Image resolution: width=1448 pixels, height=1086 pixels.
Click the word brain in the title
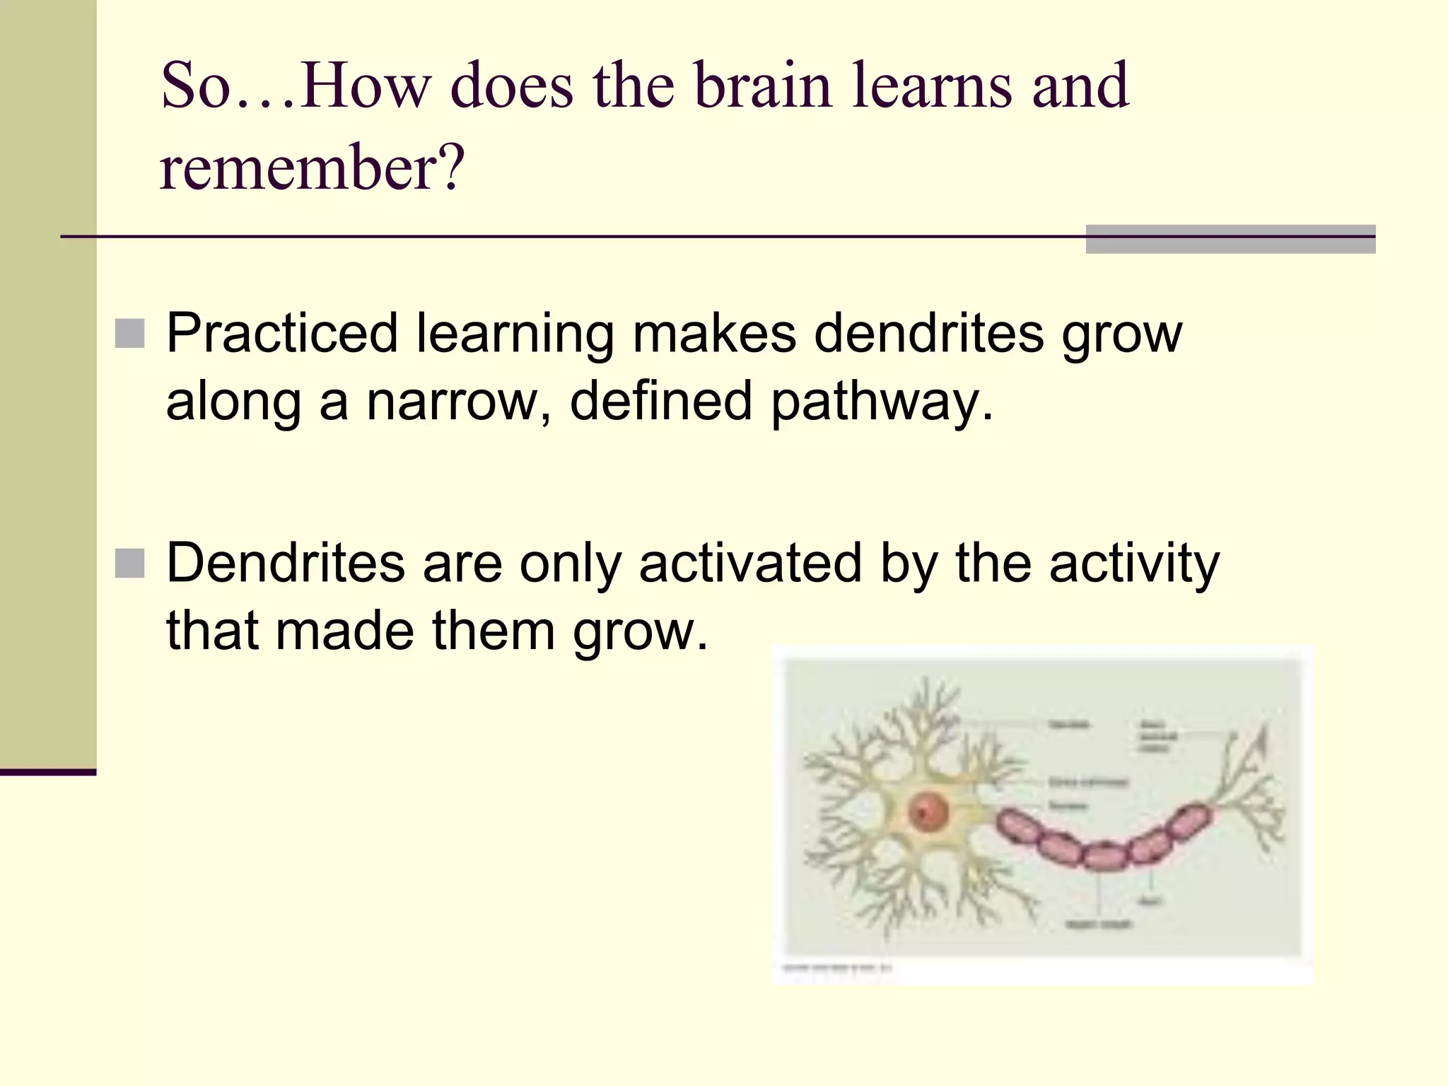tap(764, 86)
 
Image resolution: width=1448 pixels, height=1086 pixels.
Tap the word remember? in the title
tap(312, 168)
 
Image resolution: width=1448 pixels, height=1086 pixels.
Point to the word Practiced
tap(282, 333)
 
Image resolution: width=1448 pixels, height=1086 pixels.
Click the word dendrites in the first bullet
tap(928, 333)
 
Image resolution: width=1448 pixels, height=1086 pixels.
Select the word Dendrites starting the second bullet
tap(286, 563)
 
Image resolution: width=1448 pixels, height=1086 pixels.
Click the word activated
tap(750, 563)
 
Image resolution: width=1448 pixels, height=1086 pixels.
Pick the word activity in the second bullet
tap(1134, 564)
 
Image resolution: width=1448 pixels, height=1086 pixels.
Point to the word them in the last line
tap(493, 630)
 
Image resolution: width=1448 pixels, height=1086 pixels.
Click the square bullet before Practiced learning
tap(129, 334)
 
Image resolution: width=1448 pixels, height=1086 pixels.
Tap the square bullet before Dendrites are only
tap(129, 564)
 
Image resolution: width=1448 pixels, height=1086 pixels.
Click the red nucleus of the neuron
tap(927, 811)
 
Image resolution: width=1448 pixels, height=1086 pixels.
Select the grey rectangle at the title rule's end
tap(1230, 239)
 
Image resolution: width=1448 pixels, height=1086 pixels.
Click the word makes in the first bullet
tap(714, 333)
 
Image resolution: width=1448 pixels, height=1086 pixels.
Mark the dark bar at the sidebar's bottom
tap(48, 772)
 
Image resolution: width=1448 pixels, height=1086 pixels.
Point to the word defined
tap(661, 401)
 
